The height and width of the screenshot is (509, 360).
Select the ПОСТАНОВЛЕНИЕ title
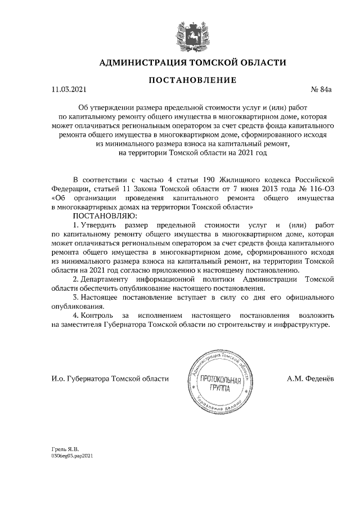192,81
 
